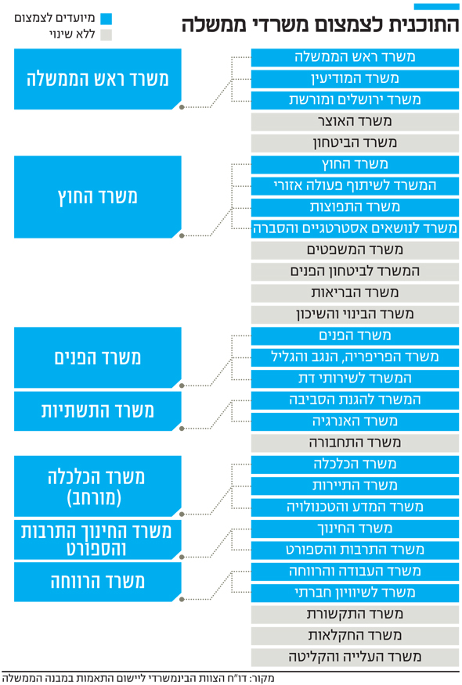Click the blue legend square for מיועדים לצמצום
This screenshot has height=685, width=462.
pyautogui.click(x=106, y=19)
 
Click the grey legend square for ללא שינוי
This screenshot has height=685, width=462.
pyautogui.click(x=106, y=35)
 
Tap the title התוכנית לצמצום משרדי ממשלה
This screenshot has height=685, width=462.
pyautogui.click(x=320, y=24)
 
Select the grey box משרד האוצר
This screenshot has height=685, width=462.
pyautogui.click(x=355, y=122)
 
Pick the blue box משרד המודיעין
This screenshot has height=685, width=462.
pyautogui.click(x=355, y=79)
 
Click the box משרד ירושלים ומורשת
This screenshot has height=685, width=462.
pyautogui.click(x=355, y=100)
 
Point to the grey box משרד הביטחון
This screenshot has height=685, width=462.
pyautogui.click(x=355, y=143)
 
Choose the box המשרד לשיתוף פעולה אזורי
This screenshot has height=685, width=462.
pyautogui.click(x=355, y=186)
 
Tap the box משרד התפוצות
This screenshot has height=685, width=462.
pyautogui.click(x=355, y=207)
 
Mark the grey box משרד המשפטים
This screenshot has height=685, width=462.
pyautogui.click(x=355, y=250)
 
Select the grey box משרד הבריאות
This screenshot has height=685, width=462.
pyautogui.click(x=355, y=293)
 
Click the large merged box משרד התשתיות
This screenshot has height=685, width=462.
pyautogui.click(x=98, y=411)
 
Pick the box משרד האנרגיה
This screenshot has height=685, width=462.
pyautogui.click(x=355, y=421)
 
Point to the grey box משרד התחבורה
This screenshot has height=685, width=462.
pyautogui.click(x=355, y=443)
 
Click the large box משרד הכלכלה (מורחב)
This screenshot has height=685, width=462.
pyautogui.click(x=98, y=486)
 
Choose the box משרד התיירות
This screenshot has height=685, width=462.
pyautogui.click(x=355, y=486)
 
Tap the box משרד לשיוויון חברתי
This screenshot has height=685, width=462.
pyautogui.click(x=355, y=593)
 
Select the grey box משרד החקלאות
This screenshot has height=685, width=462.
pyautogui.click(x=355, y=636)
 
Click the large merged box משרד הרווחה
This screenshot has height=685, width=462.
pyautogui.click(x=98, y=582)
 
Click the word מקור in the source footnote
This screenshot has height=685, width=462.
pyautogui.click(x=264, y=679)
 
